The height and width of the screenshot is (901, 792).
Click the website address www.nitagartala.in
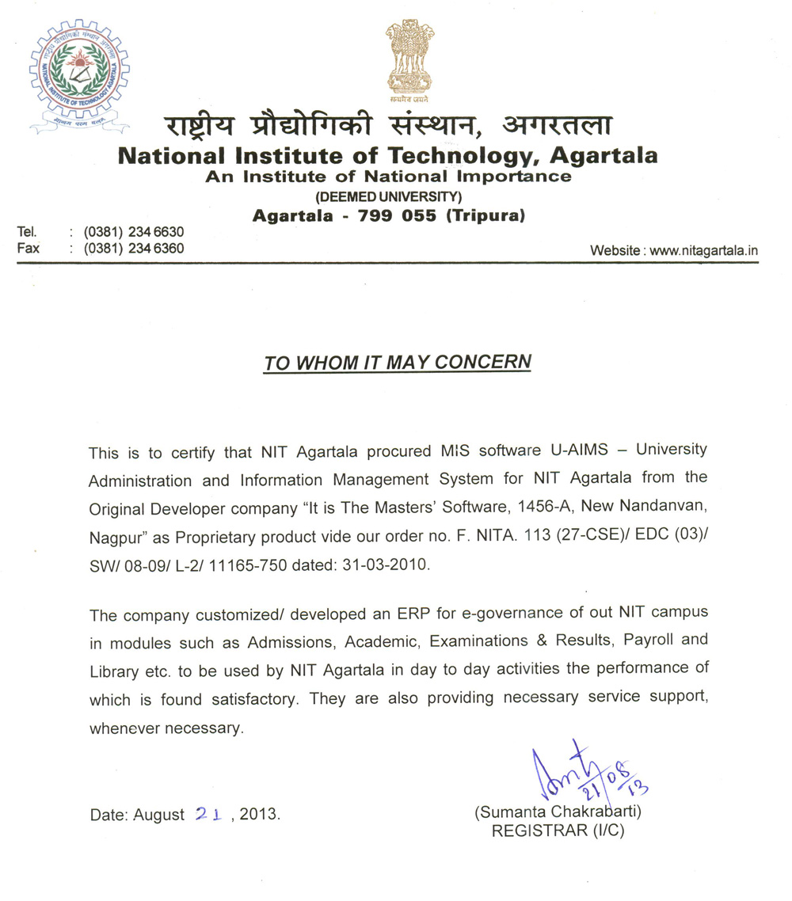point(704,250)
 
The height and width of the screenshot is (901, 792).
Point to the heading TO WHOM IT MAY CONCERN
point(397,363)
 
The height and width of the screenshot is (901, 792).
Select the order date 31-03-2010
point(386,566)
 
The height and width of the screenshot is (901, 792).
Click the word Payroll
point(650,639)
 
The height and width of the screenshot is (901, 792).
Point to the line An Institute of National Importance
point(388,177)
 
